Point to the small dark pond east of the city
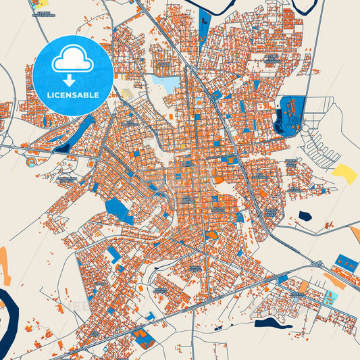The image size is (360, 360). pos(304,216)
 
